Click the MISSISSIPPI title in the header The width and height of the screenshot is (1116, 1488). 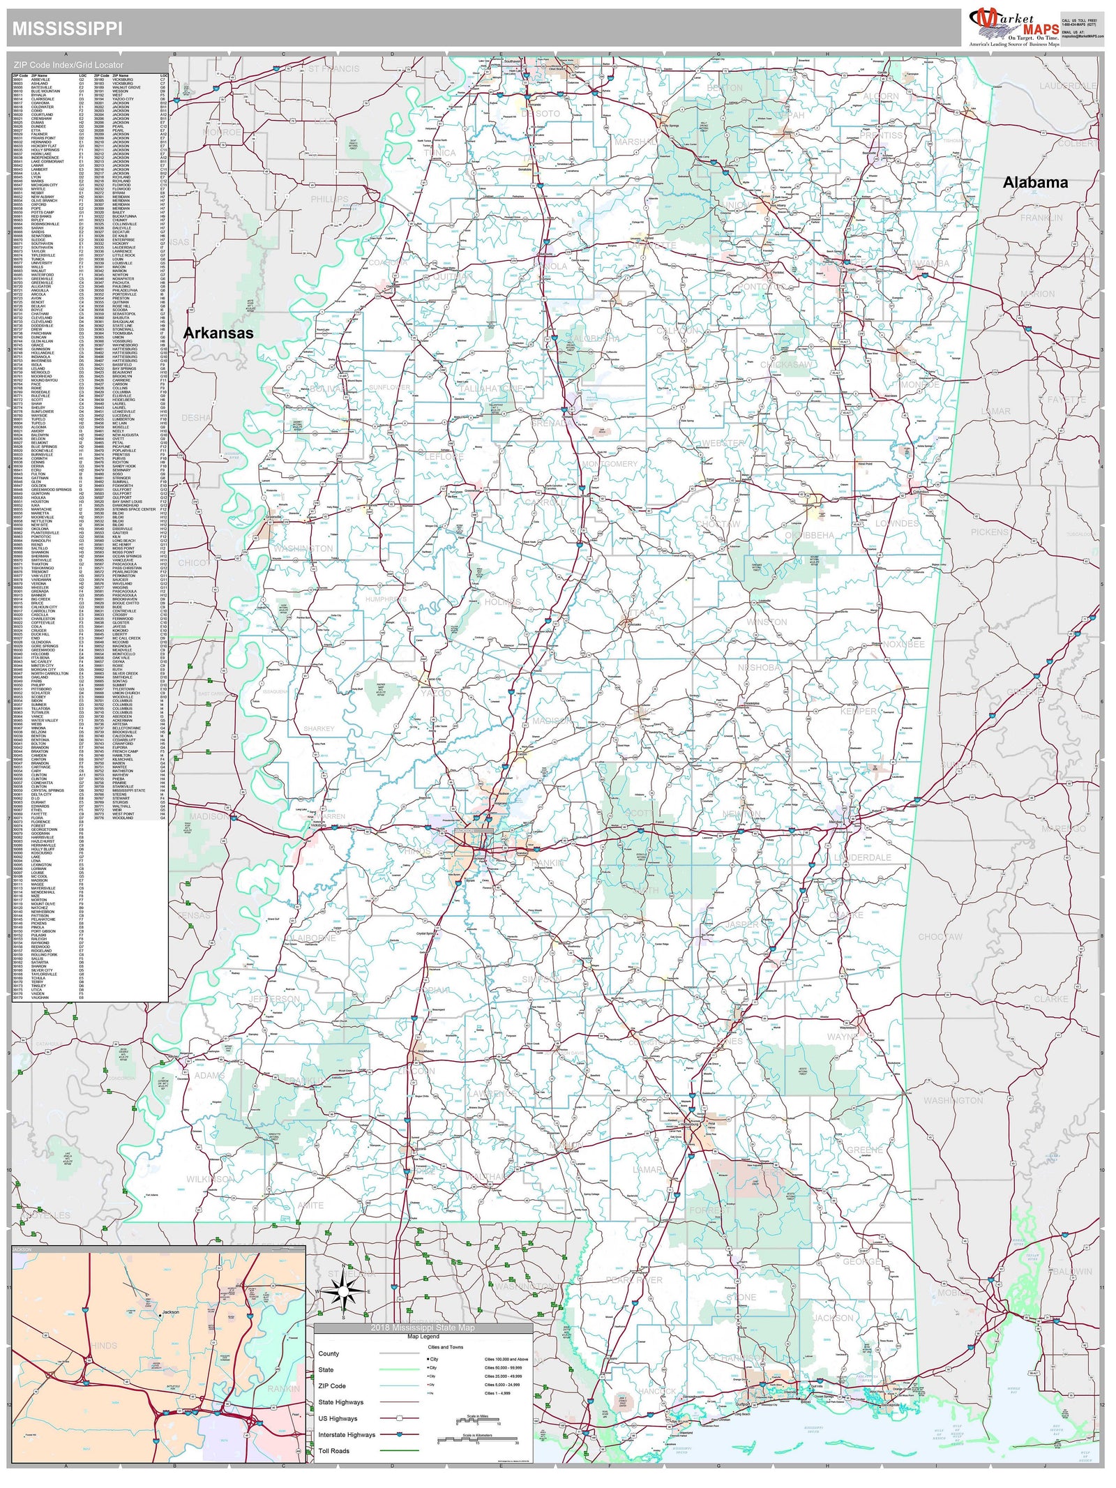67,29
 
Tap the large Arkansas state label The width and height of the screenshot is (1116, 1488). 218,333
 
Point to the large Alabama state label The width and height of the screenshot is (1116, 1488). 1035,183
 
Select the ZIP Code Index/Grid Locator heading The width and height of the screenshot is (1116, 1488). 68,65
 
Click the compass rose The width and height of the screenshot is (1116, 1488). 343,1292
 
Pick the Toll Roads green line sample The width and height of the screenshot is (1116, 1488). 398,1450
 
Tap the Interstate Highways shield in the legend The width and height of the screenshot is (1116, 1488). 398,1434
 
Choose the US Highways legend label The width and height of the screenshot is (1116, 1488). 338,1418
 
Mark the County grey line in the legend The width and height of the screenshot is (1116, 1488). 398,1353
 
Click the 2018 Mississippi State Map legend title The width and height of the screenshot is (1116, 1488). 423,1328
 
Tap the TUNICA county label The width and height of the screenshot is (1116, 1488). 439,153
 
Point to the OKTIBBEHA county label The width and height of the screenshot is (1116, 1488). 809,535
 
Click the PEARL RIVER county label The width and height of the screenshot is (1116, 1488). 634,1279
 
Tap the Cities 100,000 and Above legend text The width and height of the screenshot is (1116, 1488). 506,1359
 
